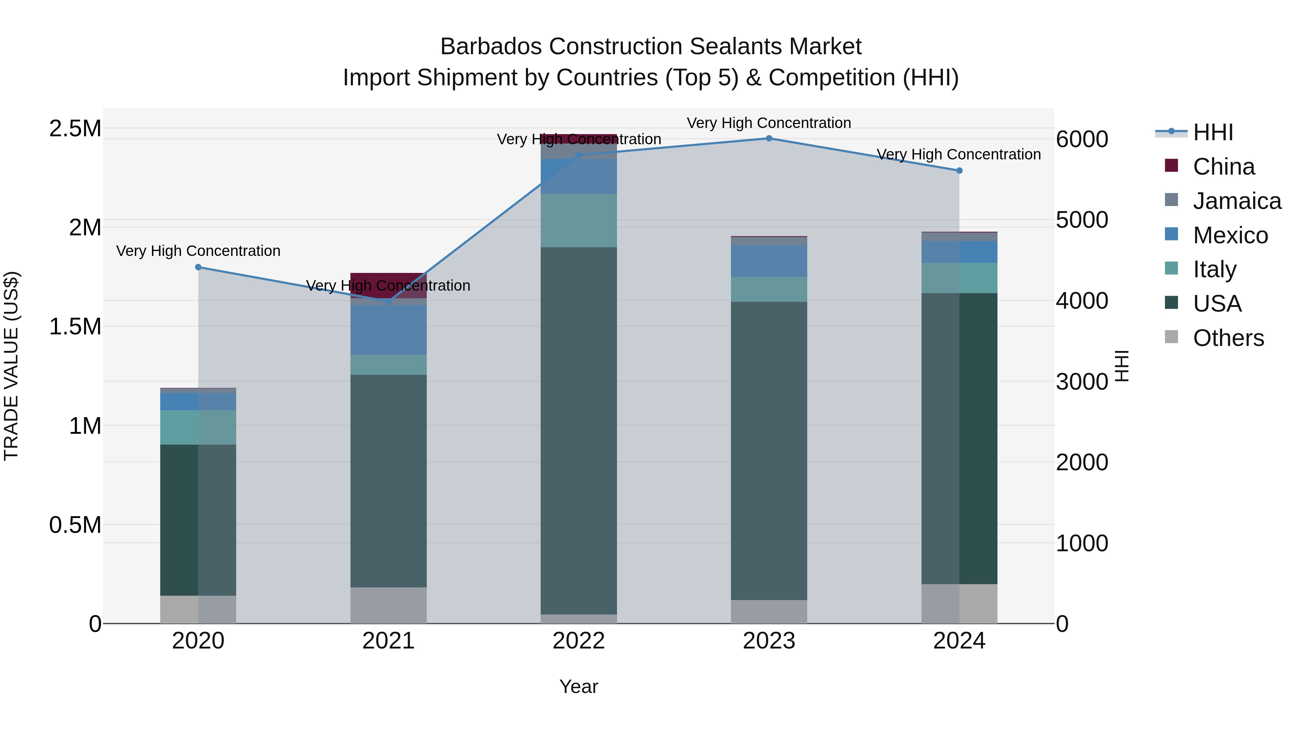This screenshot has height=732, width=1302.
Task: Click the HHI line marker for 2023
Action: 769,138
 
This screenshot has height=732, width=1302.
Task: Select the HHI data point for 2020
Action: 198,267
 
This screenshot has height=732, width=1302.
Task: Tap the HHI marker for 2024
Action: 959,171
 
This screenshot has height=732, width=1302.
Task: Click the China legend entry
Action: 1223,167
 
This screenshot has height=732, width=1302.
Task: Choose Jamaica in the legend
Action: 1236,201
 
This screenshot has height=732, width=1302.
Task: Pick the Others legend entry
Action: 1228,338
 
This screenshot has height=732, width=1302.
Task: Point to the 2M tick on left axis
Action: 85,227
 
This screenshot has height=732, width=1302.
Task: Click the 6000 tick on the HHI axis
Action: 1082,140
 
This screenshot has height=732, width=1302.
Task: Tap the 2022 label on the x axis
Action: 579,641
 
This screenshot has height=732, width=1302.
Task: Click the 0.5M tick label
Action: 75,525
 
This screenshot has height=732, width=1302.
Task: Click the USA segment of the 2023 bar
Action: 769,450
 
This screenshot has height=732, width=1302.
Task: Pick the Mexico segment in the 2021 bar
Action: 388,329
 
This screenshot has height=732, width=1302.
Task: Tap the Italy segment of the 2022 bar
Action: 579,220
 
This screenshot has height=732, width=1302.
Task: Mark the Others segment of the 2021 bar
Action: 388,605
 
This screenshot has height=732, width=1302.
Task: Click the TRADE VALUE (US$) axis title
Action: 11,366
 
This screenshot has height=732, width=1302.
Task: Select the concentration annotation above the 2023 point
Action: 769,123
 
